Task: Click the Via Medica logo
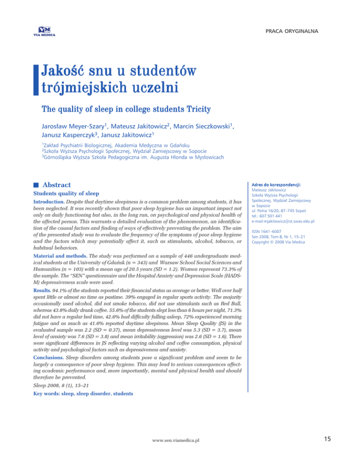[x=44, y=31]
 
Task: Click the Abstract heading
[x=64, y=185]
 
